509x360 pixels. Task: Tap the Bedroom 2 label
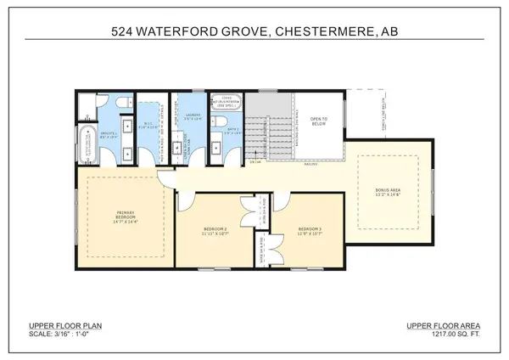coord(215,228)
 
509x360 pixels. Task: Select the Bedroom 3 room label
coord(310,228)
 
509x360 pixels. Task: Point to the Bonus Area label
coord(391,192)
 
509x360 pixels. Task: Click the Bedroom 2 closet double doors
coord(248,209)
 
